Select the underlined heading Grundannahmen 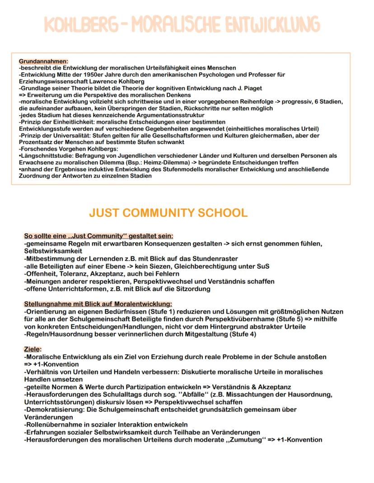pos(43,61)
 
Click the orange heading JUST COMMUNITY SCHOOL pos(168,213)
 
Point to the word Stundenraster pos(206,259)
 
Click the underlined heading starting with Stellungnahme pos(98,304)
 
